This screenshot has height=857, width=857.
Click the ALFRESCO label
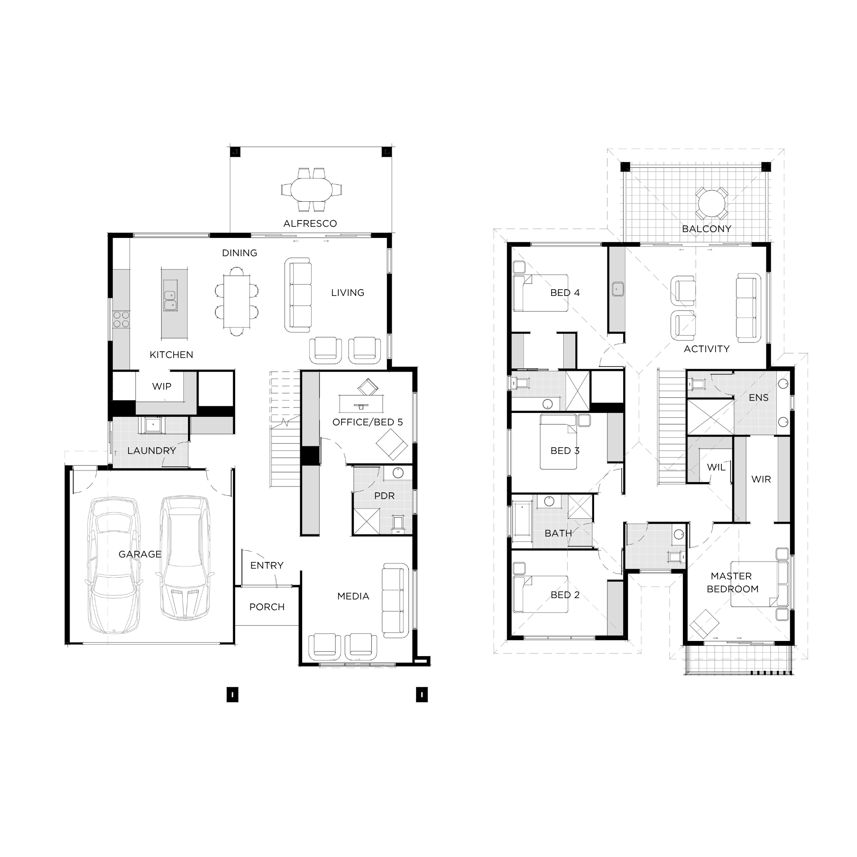[310, 224]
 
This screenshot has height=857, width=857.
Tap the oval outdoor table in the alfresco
[312, 190]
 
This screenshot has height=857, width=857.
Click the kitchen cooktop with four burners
[121, 320]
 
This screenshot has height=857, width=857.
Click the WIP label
[162, 387]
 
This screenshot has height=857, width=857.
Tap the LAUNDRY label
[152, 451]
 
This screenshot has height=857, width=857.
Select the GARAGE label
[140, 554]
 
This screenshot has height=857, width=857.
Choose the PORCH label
[267, 607]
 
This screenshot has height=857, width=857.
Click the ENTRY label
[267, 566]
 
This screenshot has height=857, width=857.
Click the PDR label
[384, 496]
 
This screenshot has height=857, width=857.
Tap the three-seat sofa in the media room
[396, 600]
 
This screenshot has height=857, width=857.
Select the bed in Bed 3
[559, 441]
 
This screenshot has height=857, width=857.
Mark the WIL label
[716, 467]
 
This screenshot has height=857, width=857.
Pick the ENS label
[759, 398]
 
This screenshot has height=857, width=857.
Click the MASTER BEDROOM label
[732, 582]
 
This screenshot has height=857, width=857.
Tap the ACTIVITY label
[707, 349]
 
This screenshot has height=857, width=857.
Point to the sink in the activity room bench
[617, 289]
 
